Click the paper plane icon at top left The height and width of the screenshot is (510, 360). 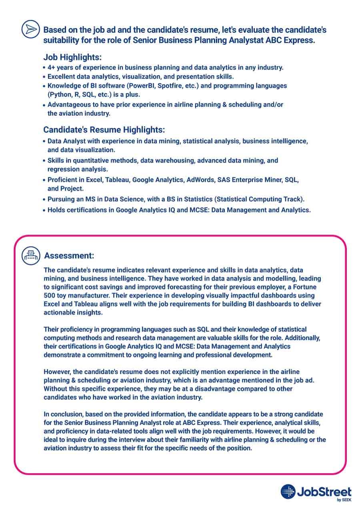pyautogui.click(x=30, y=29)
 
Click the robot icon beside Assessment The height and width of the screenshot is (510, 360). pyautogui.click(x=30, y=255)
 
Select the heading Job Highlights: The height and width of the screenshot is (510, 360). pyautogui.click(x=72, y=57)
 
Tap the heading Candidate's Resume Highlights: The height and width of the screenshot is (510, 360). pyautogui.click(x=104, y=130)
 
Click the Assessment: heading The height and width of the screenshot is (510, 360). pyautogui.click(x=69, y=255)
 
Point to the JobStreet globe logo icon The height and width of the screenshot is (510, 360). pyautogui.click(x=288, y=492)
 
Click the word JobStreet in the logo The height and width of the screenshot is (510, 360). pyautogui.click(x=324, y=492)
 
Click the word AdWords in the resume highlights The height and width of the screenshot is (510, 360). pyautogui.click(x=200, y=180)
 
